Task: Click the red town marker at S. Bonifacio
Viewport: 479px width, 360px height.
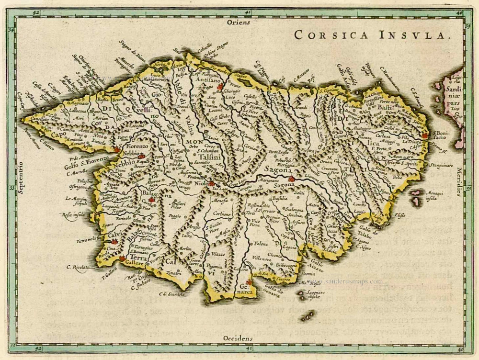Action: coord(424,135)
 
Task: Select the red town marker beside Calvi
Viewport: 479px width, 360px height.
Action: coord(114,242)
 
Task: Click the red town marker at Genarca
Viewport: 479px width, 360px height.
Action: coord(248,282)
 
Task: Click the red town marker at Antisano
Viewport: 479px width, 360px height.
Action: coord(220,87)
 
